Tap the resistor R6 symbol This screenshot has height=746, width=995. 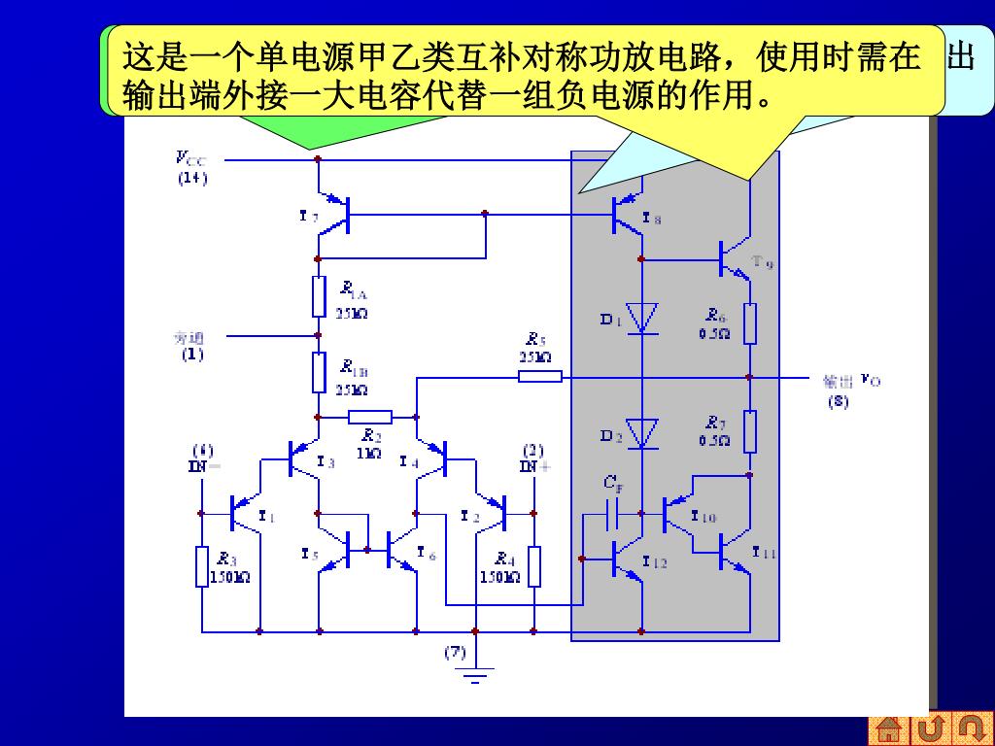coord(750,323)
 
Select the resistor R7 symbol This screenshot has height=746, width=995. coord(750,431)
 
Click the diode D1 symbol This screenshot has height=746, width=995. coord(641,318)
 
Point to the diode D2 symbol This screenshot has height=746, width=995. coord(641,433)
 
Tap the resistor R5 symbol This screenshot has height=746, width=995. coord(539,376)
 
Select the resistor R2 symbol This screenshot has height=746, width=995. coord(369,417)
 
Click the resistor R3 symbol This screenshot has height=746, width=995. coord(201,566)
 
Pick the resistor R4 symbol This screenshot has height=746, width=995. coord(534,566)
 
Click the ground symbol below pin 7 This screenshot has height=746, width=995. coord(475,673)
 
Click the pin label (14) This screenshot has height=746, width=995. coord(191,179)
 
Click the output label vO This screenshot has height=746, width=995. coord(871,380)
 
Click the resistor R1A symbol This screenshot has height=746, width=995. coord(319,296)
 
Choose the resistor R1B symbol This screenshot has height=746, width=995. coord(319,372)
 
